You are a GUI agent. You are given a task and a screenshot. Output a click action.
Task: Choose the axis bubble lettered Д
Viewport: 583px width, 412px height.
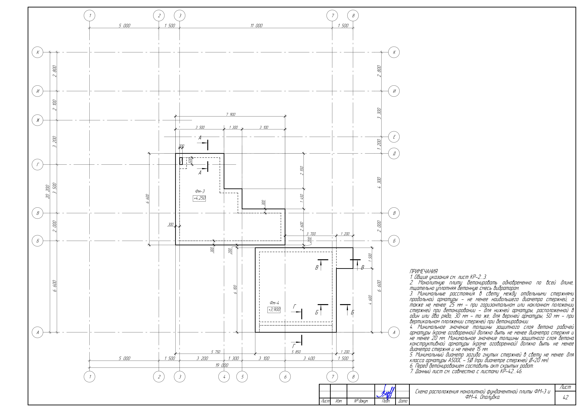pos(394,154)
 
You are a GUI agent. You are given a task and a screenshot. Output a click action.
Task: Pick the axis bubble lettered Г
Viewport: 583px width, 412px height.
pos(38,165)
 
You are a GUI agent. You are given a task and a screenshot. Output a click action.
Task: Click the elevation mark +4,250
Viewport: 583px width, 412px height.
pos(199,198)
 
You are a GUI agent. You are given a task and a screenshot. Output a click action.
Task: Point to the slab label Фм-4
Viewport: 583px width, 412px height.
pos(274,303)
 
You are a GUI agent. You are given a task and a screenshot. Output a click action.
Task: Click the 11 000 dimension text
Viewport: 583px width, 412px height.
pos(256,26)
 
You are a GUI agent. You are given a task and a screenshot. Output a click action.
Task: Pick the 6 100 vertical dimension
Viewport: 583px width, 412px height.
pos(235,289)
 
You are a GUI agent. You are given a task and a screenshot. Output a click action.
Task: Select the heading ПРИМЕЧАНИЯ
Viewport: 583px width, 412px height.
pos(424,272)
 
